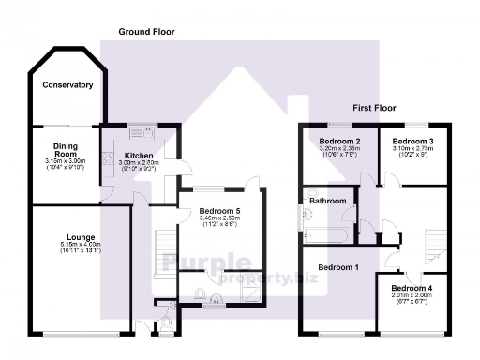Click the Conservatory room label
(x=67, y=85)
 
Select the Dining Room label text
(x=66, y=150)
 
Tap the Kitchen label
(x=139, y=156)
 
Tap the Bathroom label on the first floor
(x=328, y=201)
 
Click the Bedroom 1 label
(x=337, y=267)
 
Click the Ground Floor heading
(x=146, y=32)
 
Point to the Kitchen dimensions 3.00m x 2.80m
(x=139, y=163)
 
